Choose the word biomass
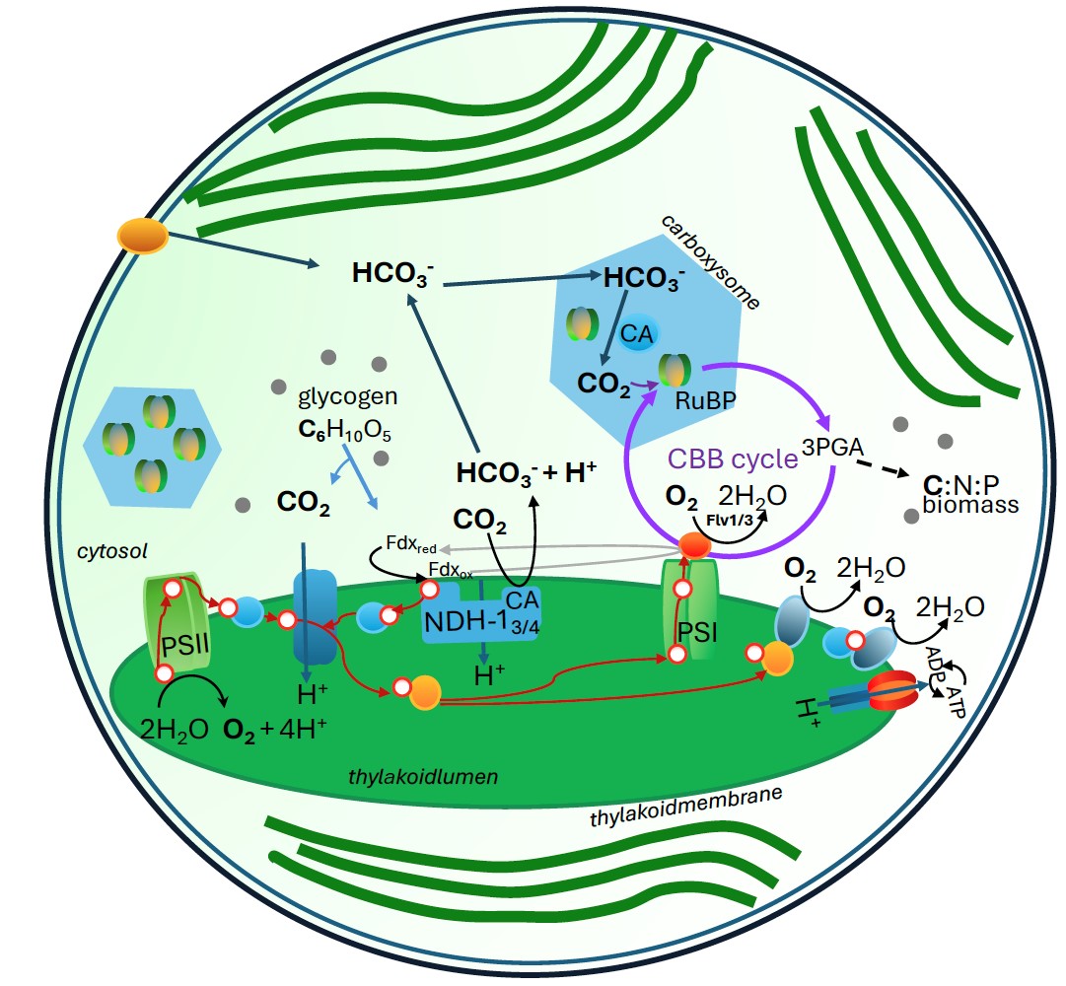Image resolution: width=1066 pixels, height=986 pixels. tap(969, 505)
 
